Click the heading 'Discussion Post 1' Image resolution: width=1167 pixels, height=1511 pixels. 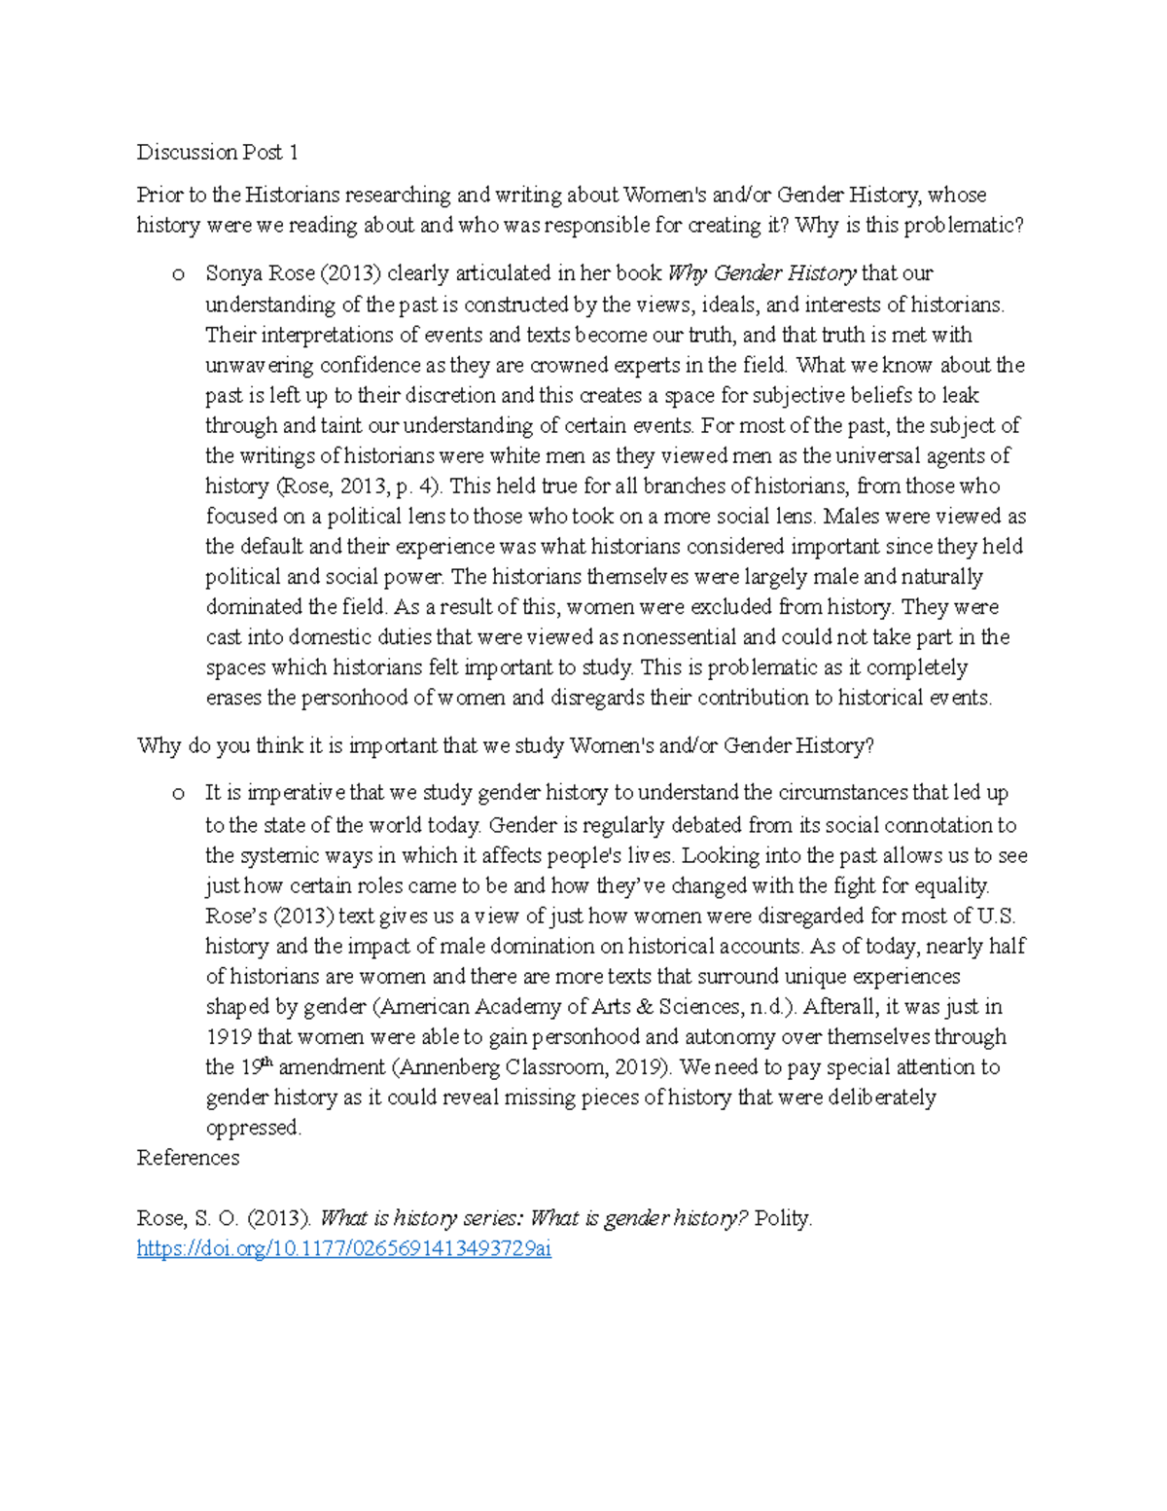[x=217, y=152]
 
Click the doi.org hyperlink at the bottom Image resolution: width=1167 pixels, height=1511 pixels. [x=343, y=1248]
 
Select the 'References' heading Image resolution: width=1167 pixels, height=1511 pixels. [x=188, y=1158]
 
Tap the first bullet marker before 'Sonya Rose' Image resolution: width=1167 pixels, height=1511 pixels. [x=178, y=275]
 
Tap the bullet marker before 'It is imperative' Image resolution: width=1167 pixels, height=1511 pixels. [x=178, y=795]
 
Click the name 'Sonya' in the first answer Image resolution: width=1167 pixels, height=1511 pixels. [x=232, y=273]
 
